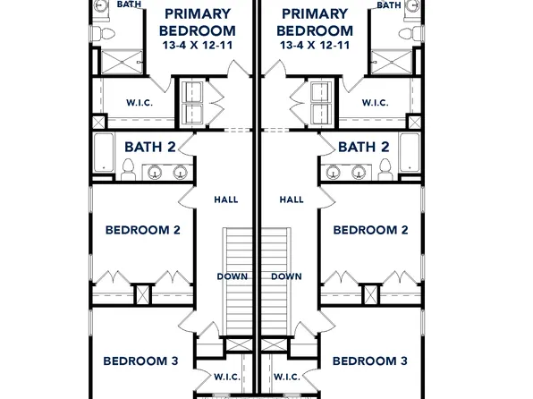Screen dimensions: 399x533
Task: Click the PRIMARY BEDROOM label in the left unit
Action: pyautogui.click(x=198, y=21)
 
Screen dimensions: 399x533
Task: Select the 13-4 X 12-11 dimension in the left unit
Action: pyautogui.click(x=198, y=45)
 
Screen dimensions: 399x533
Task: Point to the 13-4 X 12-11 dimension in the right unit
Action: pyautogui.click(x=315, y=45)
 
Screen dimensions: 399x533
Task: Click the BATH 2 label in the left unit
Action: pyautogui.click(x=149, y=147)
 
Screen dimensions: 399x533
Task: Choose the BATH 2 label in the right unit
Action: pyautogui.click(x=363, y=147)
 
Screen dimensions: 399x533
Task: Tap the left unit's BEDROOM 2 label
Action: pyautogui.click(x=143, y=230)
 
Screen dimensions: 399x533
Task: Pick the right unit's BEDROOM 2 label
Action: pyautogui.click(x=370, y=230)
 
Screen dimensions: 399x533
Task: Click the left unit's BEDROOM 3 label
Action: pyautogui.click(x=140, y=361)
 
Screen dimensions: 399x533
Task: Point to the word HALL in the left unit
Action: pyautogui.click(x=225, y=199)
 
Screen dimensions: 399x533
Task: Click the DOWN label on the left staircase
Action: pyautogui.click(x=232, y=276)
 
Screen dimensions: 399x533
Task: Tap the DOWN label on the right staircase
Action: pyautogui.click(x=286, y=276)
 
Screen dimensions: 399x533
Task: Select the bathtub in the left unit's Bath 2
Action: pyautogui.click(x=103, y=154)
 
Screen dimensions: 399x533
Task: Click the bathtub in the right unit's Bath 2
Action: pyautogui.click(x=410, y=154)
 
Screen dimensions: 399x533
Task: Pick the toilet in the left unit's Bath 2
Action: pyautogui.click(x=128, y=167)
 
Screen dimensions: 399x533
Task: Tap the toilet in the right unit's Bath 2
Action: pyautogui.click(x=385, y=167)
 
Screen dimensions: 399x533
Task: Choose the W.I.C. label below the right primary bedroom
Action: pyautogui.click(x=375, y=103)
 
